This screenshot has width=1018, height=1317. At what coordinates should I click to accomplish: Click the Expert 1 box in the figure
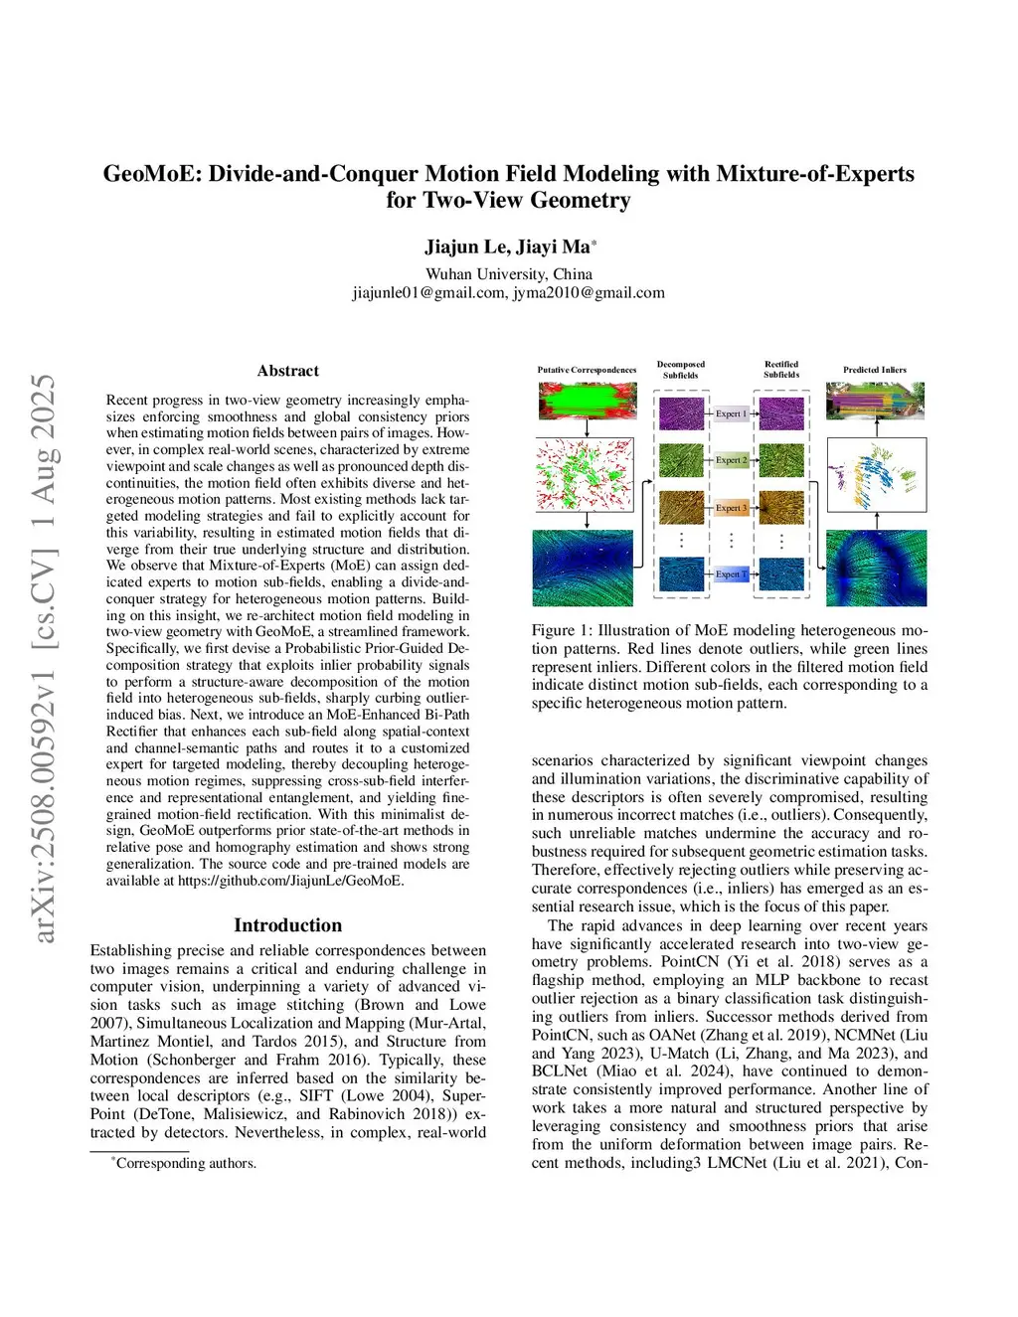[x=731, y=413]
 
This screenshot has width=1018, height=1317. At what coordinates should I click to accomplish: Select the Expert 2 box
[x=731, y=460]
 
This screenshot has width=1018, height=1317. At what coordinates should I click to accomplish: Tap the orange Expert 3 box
[x=731, y=508]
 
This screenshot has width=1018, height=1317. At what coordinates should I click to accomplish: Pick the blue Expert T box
[x=731, y=575]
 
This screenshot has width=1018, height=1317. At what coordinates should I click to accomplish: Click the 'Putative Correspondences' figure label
[x=587, y=370]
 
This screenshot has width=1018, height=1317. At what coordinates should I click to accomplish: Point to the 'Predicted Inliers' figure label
[x=875, y=370]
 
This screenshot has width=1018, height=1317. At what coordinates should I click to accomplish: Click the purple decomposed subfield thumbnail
[x=681, y=412]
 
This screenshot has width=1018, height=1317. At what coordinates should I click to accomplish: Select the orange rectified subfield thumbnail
[x=781, y=507]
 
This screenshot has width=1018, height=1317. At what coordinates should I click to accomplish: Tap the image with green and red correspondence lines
[x=587, y=402]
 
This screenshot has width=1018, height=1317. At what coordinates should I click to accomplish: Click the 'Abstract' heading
[x=288, y=371]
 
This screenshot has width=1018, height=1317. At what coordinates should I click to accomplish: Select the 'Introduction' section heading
[x=287, y=925]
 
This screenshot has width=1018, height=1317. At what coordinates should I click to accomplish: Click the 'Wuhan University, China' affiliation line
[x=509, y=274]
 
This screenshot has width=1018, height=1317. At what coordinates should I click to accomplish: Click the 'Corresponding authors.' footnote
[x=186, y=1163]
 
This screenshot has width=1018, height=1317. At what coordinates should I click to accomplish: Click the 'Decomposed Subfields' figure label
[x=681, y=370]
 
